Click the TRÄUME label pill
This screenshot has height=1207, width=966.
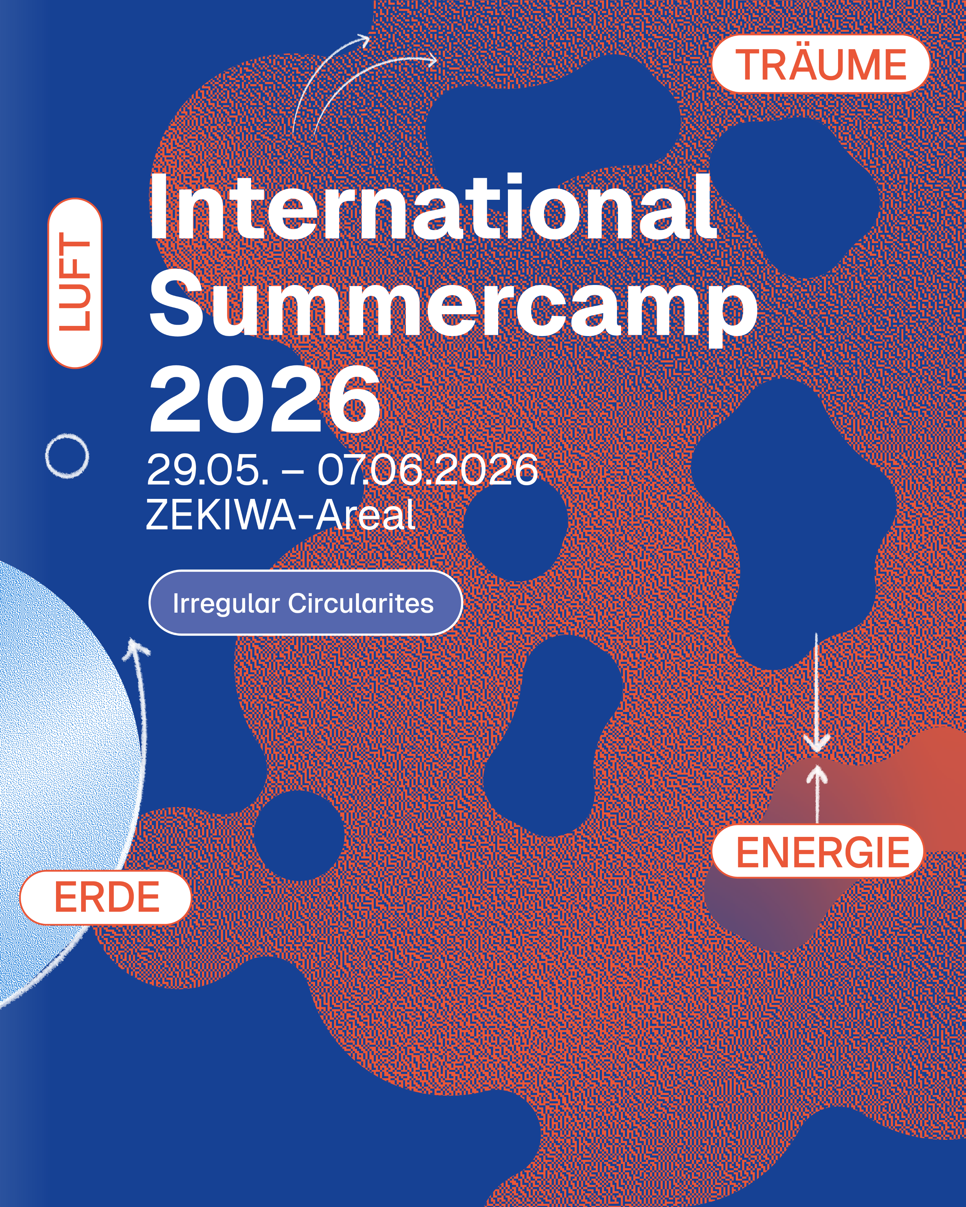[x=820, y=64]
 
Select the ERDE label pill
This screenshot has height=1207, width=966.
[x=105, y=897]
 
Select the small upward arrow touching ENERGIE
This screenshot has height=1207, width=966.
[x=818, y=794]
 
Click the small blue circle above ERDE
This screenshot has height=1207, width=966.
[x=299, y=835]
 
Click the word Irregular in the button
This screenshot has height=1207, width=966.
[x=226, y=603]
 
